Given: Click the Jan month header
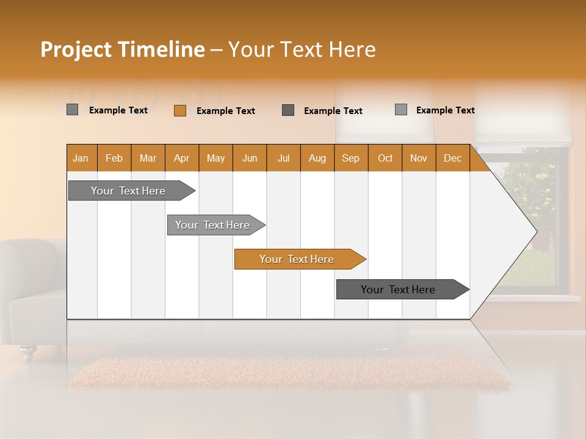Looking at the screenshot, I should (x=81, y=158).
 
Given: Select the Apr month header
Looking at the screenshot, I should (x=181, y=158).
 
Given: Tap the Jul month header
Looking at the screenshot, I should (x=283, y=158).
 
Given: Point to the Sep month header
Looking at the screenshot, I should (x=350, y=158).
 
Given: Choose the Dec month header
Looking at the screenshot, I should (x=452, y=158).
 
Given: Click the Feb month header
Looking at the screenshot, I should (x=114, y=158).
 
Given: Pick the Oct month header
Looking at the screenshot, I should (x=385, y=158).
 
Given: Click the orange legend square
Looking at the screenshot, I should (x=179, y=110).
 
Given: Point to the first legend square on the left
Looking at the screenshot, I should (x=72, y=110).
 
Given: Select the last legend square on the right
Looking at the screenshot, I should (x=400, y=110).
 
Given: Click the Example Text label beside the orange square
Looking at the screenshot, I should (x=225, y=111).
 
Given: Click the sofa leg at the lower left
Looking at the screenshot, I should (x=27, y=352).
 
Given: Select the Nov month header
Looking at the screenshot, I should (x=418, y=158).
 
